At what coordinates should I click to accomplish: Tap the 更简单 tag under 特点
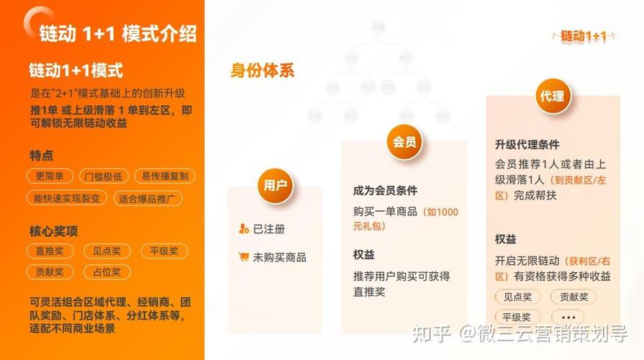click(x=50, y=176)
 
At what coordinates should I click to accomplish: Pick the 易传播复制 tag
click(x=164, y=176)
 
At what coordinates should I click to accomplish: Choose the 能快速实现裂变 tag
click(x=67, y=198)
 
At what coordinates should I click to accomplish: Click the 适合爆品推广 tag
click(x=149, y=198)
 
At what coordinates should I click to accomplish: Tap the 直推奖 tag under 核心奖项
click(x=50, y=251)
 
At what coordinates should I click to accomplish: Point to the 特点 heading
click(x=41, y=155)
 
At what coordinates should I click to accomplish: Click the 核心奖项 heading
click(x=53, y=231)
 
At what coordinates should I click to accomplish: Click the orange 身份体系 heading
click(x=262, y=71)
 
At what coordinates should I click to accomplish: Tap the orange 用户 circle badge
click(x=275, y=186)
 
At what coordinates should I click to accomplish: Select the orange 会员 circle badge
click(x=404, y=141)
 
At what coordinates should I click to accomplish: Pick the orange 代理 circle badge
click(x=551, y=96)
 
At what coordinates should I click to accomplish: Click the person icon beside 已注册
click(x=244, y=229)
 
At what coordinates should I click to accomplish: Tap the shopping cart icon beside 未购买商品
click(x=244, y=257)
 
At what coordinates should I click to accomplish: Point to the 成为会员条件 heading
click(x=385, y=191)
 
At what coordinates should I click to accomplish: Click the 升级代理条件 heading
click(x=527, y=145)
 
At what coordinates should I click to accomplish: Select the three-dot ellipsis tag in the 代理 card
click(x=568, y=317)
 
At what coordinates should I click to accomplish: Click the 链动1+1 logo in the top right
click(x=584, y=35)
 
